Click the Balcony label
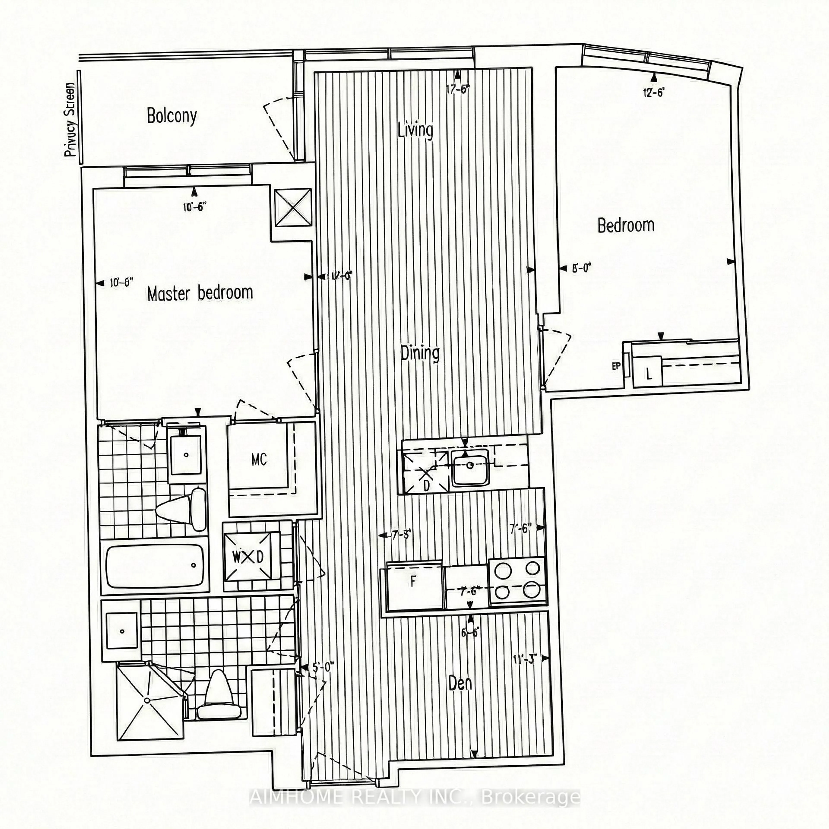coord(172,116)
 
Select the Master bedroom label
coord(200,293)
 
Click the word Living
coord(415,130)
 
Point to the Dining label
coord(420,353)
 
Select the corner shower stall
coord(147,700)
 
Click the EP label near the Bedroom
coord(616,366)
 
